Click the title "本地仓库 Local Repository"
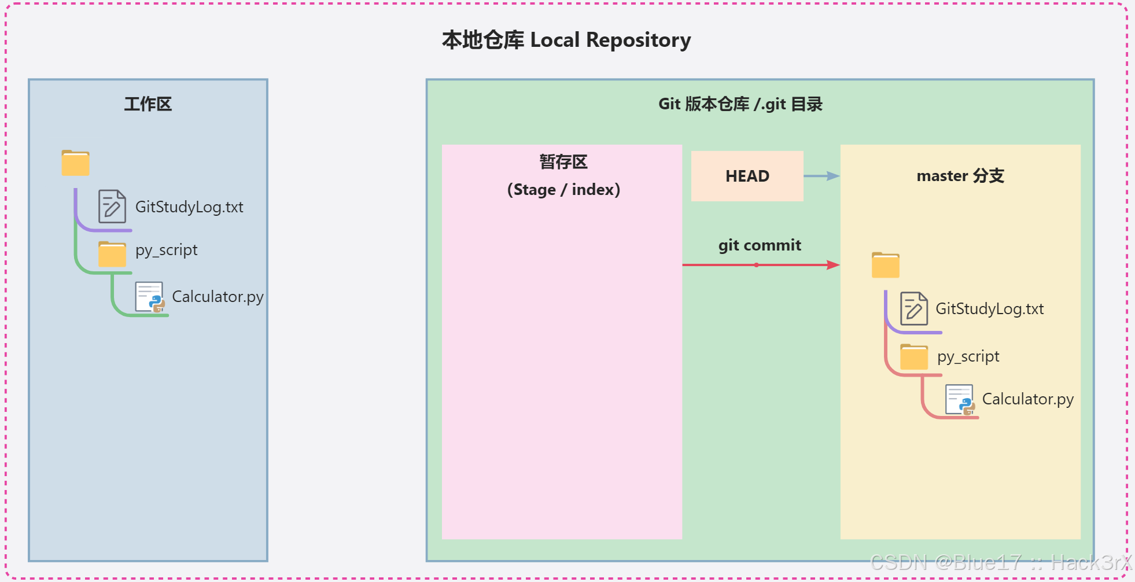566,40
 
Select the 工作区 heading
148,104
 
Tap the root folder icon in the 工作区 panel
76,163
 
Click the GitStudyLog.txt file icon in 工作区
112,207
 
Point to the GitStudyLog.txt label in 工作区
189,207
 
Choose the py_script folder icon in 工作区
112,254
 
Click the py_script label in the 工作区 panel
167,250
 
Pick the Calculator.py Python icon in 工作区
150,297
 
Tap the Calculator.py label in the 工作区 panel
218,297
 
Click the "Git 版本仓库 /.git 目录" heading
740,104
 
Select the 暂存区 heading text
563,162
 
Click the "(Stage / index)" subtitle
563,190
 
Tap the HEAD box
747,176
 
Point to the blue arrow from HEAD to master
821,176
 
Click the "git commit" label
760,245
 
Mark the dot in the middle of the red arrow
756,265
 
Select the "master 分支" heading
960,176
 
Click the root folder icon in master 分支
886,265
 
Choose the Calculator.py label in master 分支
1027,399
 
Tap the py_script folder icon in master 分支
914,356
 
